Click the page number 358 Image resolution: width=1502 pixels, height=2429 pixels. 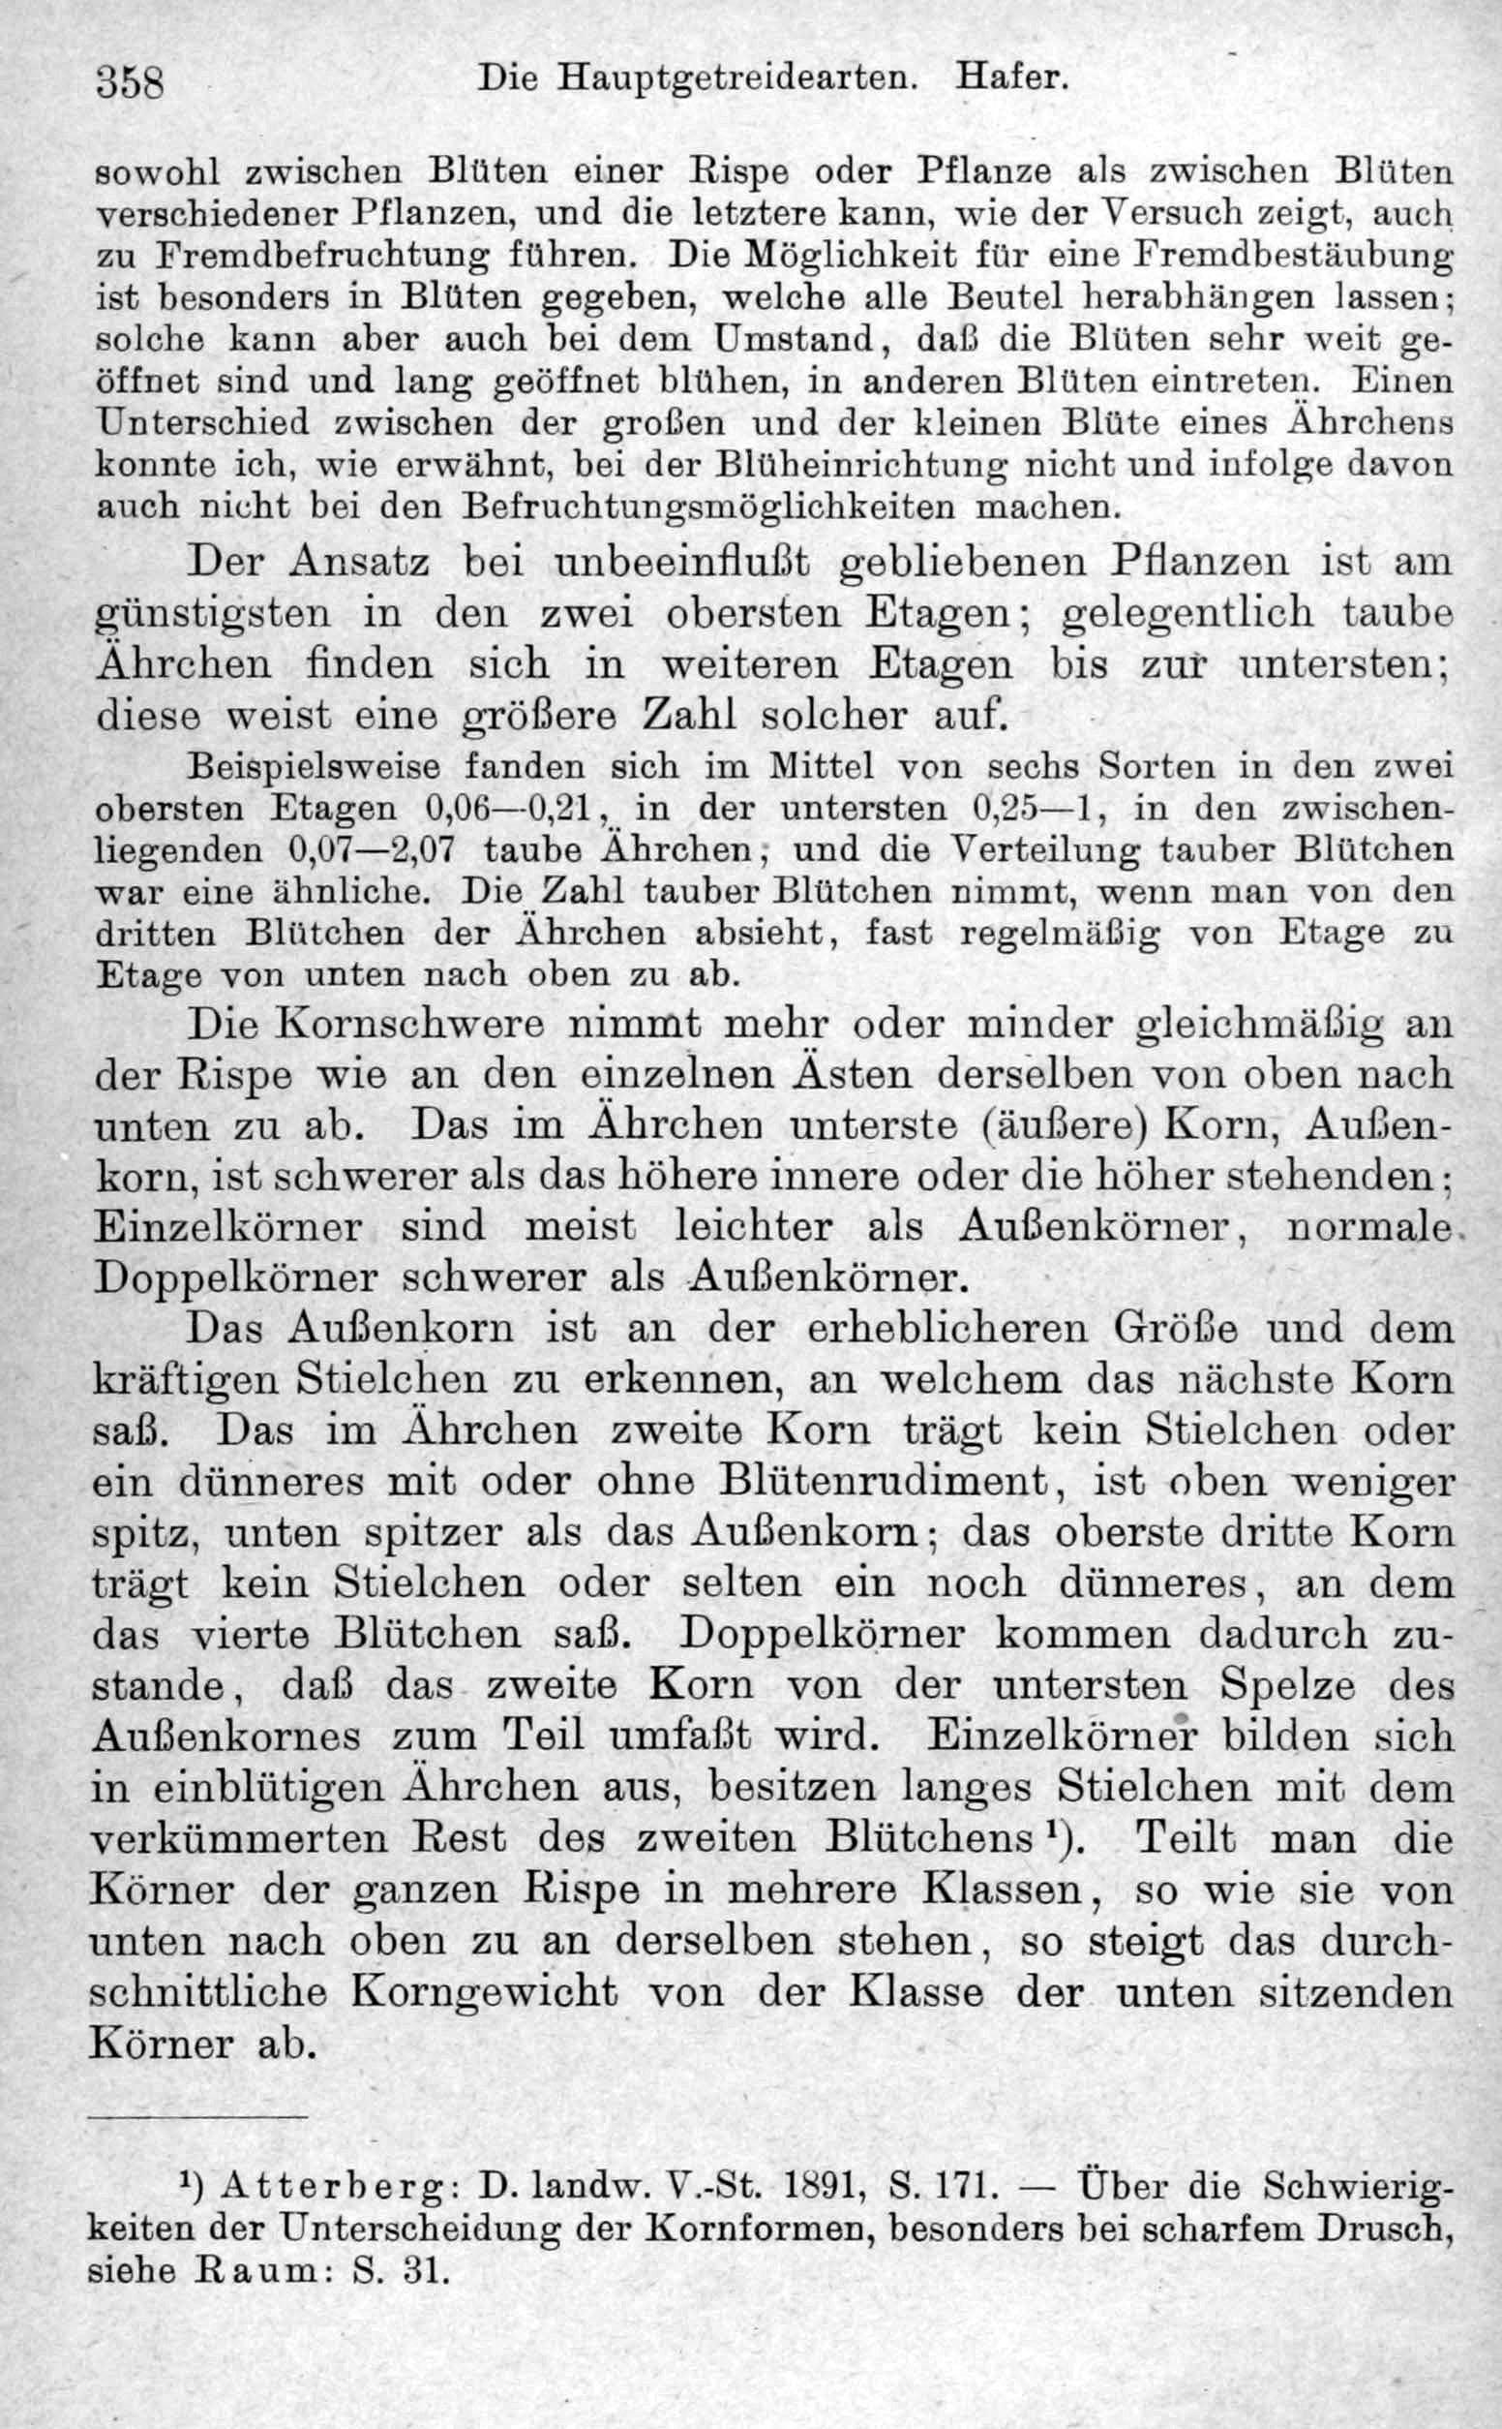(x=129, y=81)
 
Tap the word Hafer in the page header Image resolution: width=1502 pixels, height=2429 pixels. (x=1010, y=77)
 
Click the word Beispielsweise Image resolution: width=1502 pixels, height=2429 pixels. (x=315, y=766)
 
